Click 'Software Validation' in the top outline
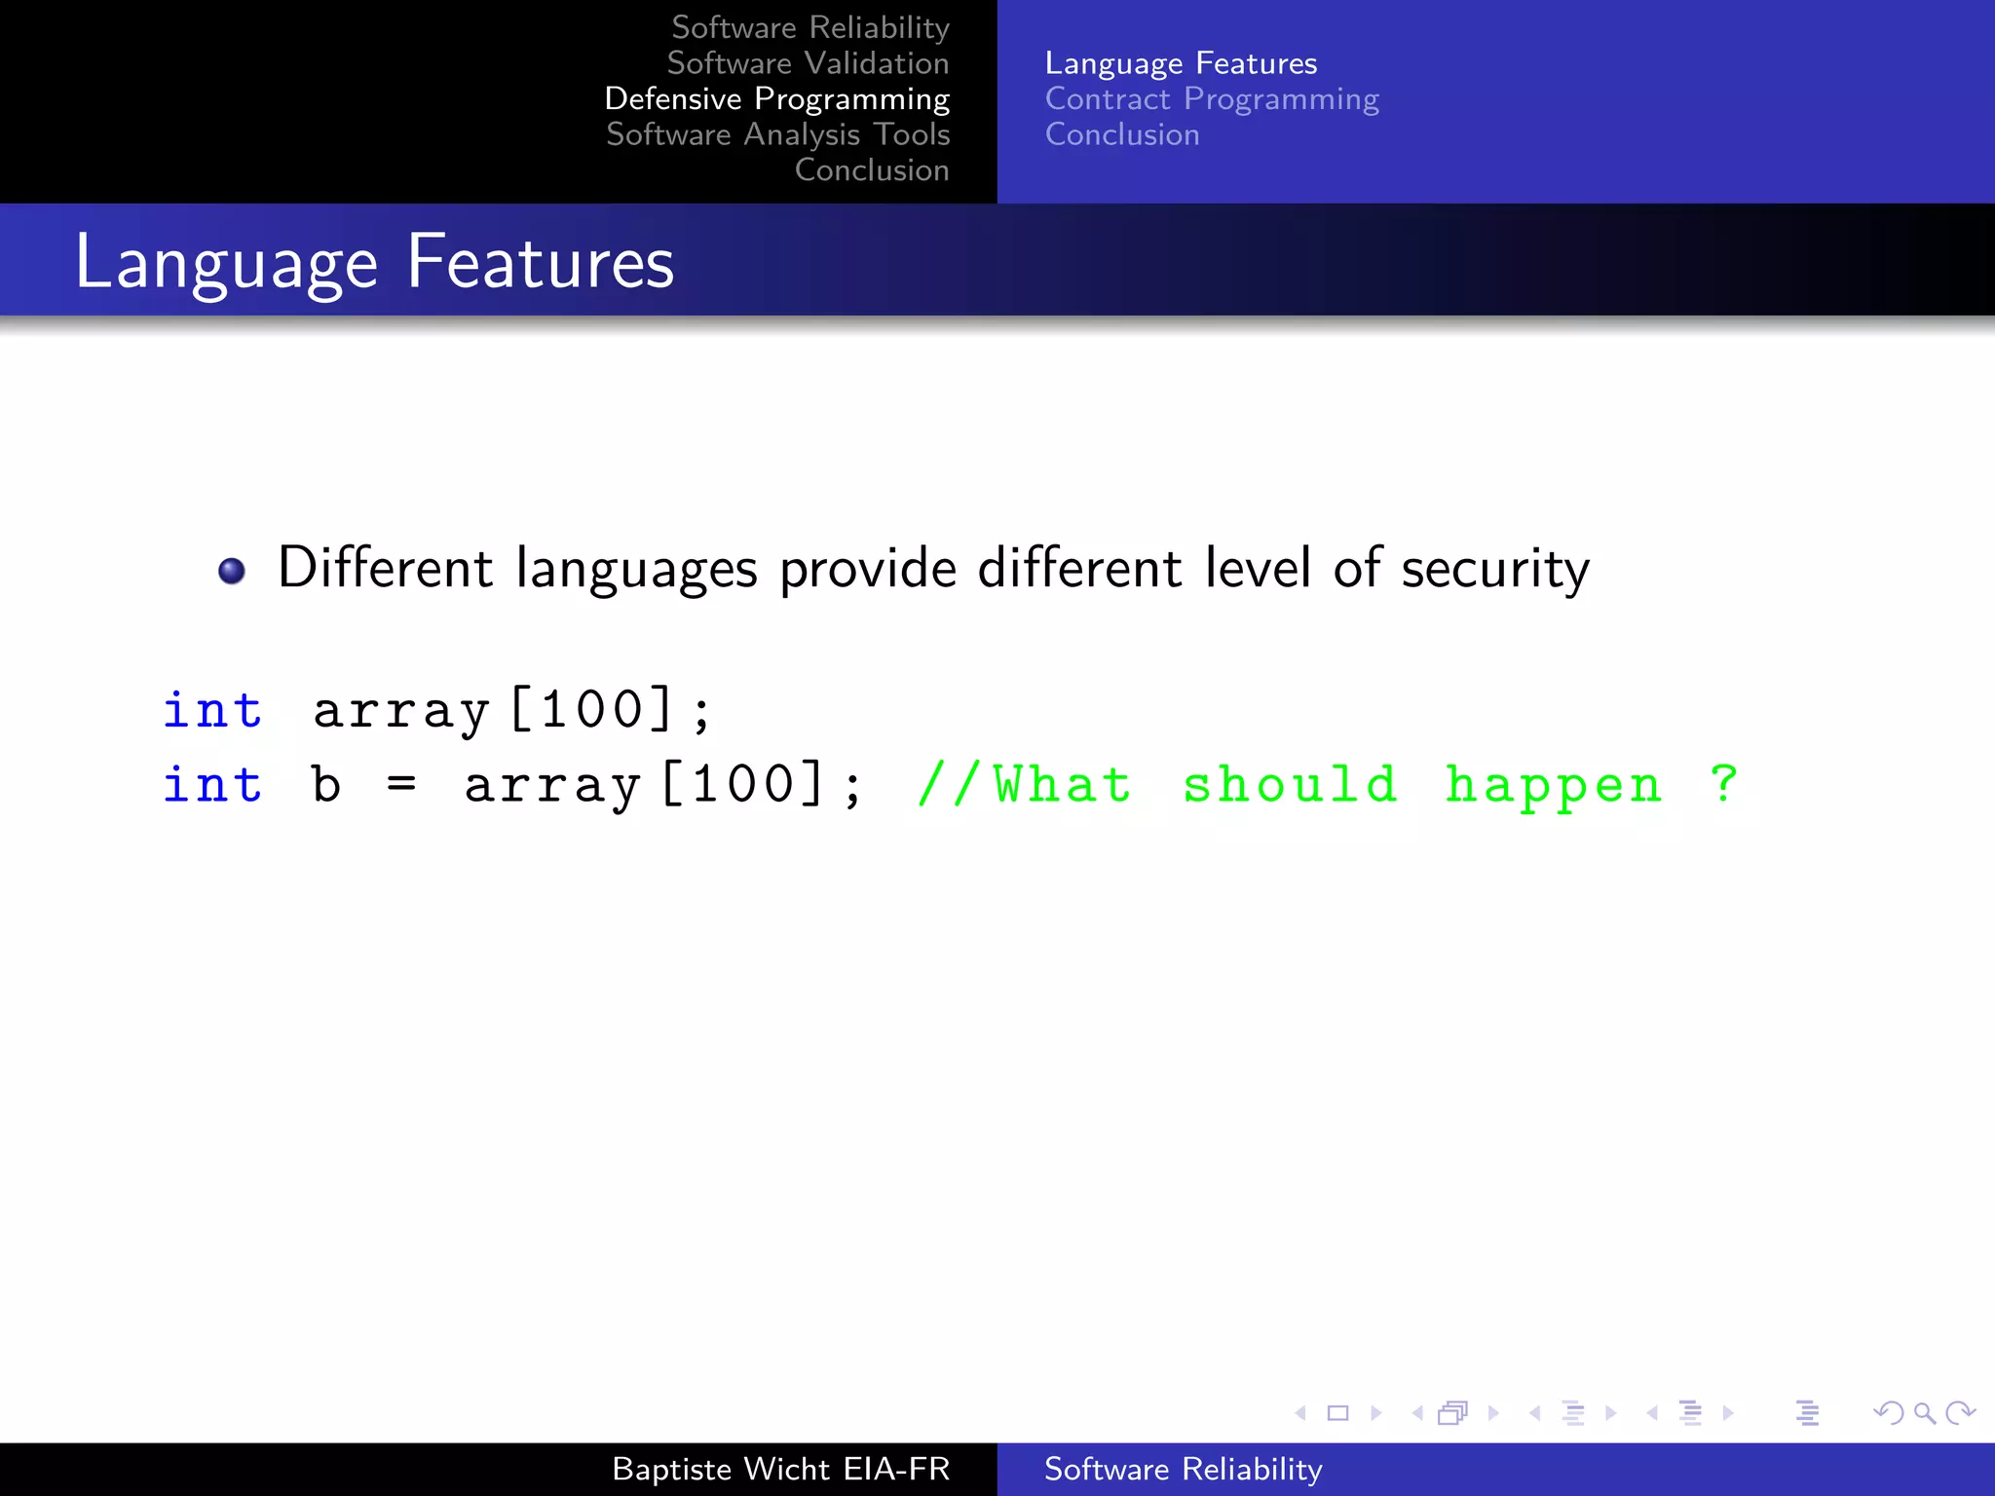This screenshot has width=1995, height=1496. (808, 63)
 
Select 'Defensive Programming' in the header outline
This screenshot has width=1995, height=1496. (776, 99)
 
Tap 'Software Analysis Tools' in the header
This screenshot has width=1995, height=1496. (777, 134)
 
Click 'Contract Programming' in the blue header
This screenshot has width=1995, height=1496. (1212, 99)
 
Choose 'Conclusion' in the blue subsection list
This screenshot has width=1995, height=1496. (1122, 134)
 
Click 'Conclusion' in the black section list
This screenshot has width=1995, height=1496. (871, 170)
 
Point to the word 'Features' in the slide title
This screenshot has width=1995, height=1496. (540, 262)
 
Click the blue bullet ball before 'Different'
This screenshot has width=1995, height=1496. (232, 571)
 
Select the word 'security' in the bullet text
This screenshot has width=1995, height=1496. (1494, 570)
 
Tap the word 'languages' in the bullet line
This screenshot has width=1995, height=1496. (636, 570)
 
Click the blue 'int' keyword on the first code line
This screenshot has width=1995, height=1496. (212, 710)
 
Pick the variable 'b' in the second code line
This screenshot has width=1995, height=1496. (326, 785)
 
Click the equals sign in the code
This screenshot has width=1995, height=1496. (401, 785)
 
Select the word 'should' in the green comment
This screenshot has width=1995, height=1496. (1290, 785)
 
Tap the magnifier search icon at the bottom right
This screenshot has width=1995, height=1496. (1924, 1412)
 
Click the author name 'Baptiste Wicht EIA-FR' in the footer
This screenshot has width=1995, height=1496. (780, 1469)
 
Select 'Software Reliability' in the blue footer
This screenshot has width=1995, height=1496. (1183, 1469)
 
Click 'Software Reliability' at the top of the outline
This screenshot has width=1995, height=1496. (809, 28)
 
